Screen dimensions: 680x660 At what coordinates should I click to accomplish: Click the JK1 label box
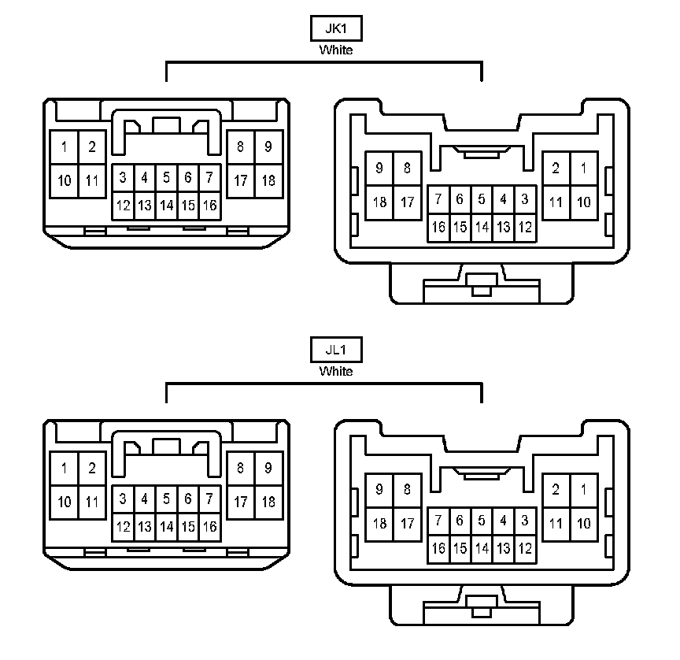336,28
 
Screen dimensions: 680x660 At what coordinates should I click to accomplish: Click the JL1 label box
336,350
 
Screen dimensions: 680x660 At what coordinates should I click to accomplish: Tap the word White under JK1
336,50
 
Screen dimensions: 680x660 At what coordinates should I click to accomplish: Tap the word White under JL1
336,371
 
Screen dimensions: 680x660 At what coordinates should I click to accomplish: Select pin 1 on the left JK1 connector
64,146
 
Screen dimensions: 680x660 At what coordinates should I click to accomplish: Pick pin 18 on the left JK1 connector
268,180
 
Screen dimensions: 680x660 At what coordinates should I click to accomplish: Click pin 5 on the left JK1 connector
166,178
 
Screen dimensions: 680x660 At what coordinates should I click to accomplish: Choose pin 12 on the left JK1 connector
124,206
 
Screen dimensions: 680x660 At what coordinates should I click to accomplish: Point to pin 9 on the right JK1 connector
379,168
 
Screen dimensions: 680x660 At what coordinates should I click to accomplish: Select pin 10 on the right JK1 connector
583,202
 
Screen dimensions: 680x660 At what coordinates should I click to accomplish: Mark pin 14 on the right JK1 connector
482,228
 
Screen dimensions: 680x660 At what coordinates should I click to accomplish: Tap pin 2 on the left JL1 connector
91,468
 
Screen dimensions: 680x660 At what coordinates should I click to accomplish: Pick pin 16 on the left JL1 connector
209,527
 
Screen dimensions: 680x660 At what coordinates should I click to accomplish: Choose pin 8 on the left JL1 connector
241,468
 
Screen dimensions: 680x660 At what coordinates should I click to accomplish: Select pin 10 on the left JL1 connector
64,502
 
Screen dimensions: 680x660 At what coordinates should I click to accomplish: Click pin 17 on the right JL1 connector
407,523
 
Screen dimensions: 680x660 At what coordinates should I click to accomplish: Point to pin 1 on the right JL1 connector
583,489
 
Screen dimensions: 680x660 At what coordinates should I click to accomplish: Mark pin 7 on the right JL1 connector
438,521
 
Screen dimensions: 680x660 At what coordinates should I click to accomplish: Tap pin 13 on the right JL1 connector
504,548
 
